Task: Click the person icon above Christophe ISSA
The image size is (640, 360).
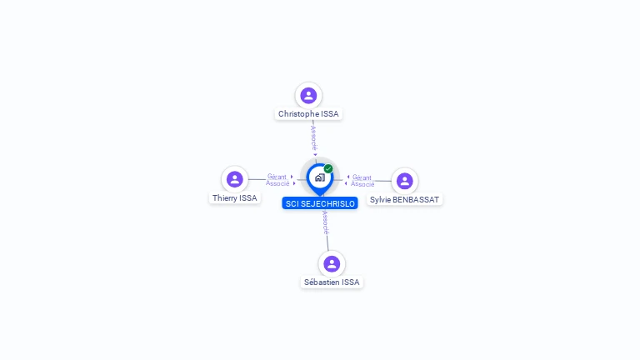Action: coord(308,96)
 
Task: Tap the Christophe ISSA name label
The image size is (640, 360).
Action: coord(308,114)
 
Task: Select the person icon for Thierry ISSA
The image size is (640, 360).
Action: coord(235,179)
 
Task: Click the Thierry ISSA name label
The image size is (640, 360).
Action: coord(235,198)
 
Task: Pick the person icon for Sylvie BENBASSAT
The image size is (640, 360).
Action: coord(404,181)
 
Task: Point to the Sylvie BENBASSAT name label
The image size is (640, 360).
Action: coord(404,200)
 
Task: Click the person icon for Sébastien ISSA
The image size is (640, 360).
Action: coord(332,263)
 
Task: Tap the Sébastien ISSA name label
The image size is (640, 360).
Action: coord(332,282)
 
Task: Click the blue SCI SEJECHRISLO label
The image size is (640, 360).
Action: coord(320,203)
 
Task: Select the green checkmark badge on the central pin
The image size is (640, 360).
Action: coord(328,168)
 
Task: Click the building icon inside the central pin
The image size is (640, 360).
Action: coord(320,177)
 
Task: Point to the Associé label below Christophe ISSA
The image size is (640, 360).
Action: coord(313,138)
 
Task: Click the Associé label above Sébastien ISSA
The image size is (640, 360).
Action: coord(325,222)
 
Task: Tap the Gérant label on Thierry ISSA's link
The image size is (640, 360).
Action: coord(277,177)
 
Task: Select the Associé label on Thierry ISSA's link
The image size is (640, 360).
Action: coord(277,183)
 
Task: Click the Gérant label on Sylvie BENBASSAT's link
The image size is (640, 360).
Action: coord(362,177)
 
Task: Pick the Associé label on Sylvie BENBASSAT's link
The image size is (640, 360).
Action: coord(362,184)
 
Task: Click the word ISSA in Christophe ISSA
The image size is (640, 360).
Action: coord(330,114)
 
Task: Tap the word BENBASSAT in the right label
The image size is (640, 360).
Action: coord(414,200)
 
